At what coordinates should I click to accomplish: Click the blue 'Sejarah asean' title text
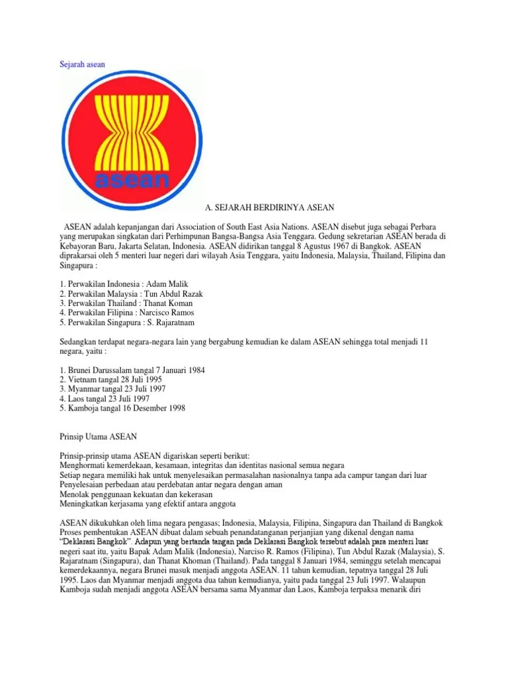pyautogui.click(x=78, y=63)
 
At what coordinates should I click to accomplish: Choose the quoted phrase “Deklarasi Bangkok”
pyautogui.click(x=87, y=542)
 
